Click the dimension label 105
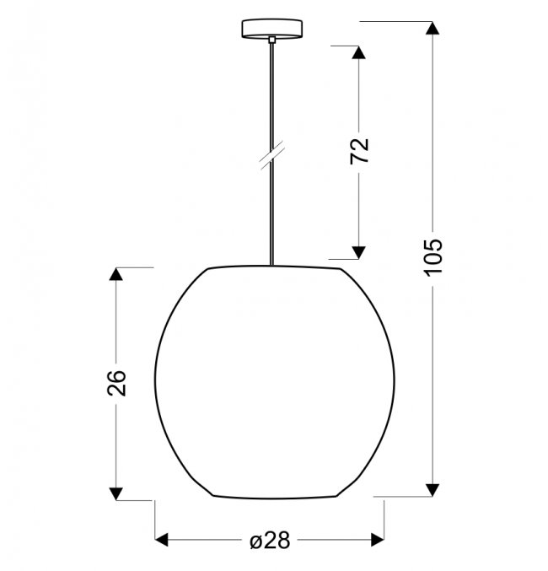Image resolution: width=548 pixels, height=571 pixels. pos(433,258)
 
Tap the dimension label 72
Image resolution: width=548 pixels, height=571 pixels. pos(359,152)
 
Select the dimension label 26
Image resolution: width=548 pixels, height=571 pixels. pos(116,383)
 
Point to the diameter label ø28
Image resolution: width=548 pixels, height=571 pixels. pos(270,540)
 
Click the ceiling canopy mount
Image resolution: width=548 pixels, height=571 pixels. pos(272,29)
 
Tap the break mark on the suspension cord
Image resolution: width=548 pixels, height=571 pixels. pos(272,157)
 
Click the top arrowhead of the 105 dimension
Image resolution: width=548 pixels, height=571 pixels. pos(432,28)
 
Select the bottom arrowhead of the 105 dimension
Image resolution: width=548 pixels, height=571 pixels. pos(432,490)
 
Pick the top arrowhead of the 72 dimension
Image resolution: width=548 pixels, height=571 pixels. pos(358,52)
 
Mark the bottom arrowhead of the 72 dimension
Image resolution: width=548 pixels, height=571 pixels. pos(358,252)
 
